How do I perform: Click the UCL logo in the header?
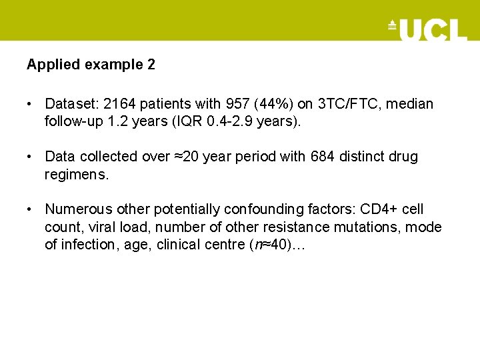[x=427, y=29]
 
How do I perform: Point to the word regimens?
[x=76, y=174]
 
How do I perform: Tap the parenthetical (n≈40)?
[x=268, y=244]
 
